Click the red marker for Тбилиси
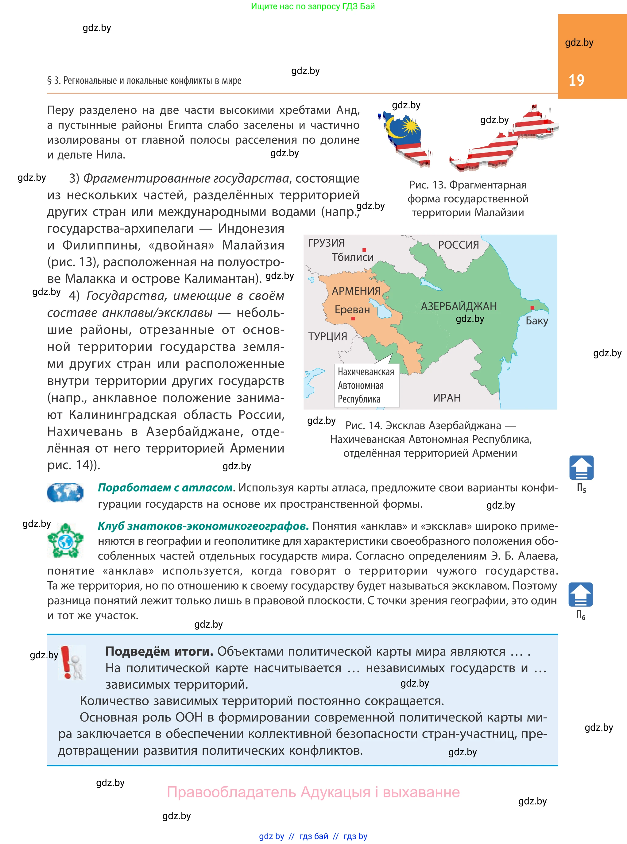click(x=364, y=250)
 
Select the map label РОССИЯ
click(x=458, y=245)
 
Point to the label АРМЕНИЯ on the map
click(x=356, y=291)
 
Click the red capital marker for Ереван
click(x=353, y=318)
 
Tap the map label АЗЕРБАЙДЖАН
click(x=459, y=306)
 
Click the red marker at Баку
click(x=532, y=308)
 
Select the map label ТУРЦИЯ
click(x=327, y=336)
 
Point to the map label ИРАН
click(x=447, y=398)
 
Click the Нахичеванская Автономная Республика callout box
click(x=366, y=385)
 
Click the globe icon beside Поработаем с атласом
click(x=65, y=493)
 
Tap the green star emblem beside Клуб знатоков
click(x=65, y=540)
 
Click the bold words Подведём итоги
click(x=159, y=651)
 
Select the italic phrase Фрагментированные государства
click(x=186, y=178)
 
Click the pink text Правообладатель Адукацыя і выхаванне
click(x=313, y=792)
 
